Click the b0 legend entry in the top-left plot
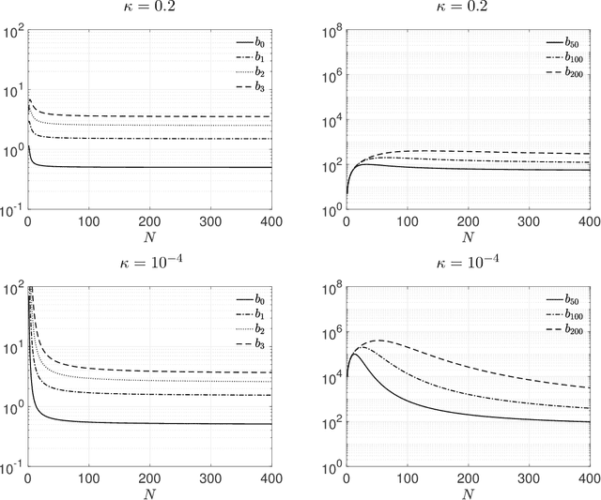point(247,43)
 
